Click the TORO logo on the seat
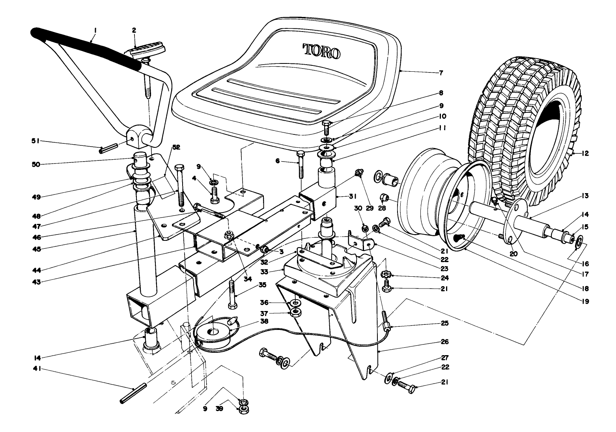click(321, 51)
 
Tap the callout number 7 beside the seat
click(441, 73)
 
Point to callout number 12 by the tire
click(585, 153)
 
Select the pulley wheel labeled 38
click(213, 332)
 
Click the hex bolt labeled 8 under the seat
click(327, 127)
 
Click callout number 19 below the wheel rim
click(585, 302)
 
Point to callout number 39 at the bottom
click(219, 409)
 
